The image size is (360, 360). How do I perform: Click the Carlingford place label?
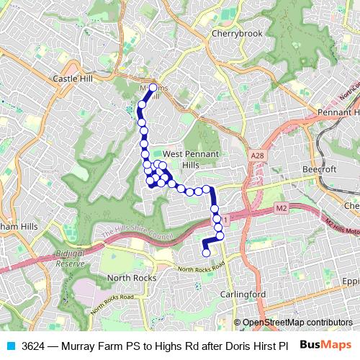coord(243,294)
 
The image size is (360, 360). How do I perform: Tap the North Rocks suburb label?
coord(127,278)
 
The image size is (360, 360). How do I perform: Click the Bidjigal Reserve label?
coord(71,259)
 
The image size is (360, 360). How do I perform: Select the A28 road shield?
coord(258,156)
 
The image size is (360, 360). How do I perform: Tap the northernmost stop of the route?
coord(153,88)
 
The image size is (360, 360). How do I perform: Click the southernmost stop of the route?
coord(206,252)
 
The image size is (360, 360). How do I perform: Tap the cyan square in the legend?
coord(10,346)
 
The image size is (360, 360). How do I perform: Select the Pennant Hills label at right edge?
coord(338,113)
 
